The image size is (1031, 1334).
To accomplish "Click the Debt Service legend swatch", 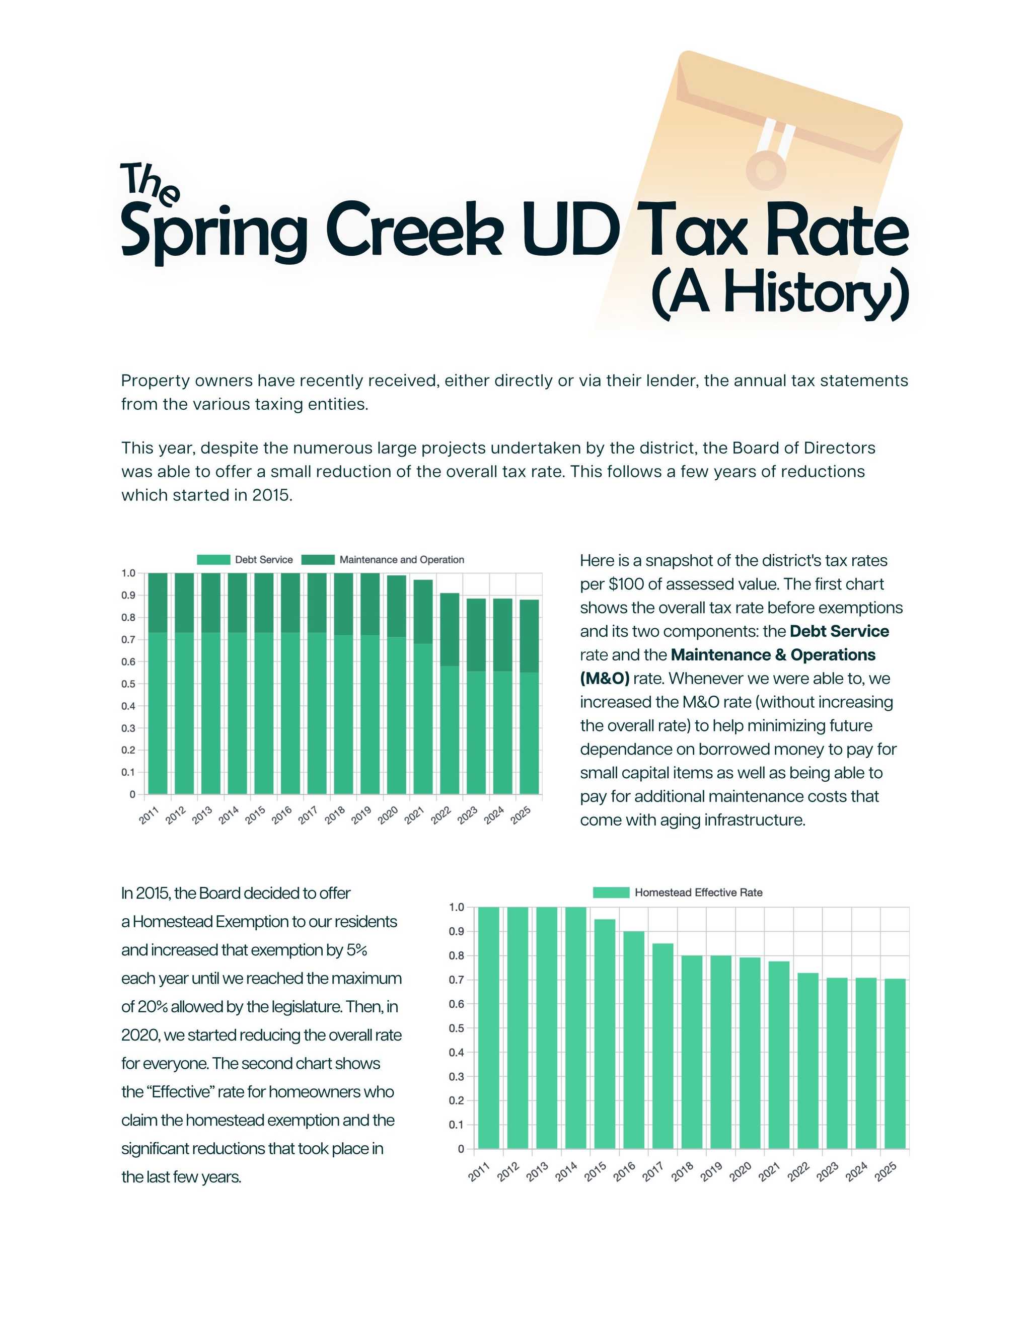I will click(x=213, y=559).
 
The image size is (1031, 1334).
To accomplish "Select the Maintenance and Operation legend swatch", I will click(x=318, y=559).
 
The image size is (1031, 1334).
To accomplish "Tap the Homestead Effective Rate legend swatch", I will click(x=611, y=893).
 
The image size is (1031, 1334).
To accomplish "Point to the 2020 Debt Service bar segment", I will click(x=396, y=715).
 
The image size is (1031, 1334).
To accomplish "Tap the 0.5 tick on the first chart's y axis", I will click(x=128, y=684).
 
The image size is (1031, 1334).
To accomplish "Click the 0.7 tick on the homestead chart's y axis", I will click(x=457, y=980).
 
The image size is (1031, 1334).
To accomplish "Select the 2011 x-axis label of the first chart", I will click(x=149, y=816).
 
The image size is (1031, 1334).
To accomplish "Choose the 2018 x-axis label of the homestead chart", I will click(x=682, y=1171).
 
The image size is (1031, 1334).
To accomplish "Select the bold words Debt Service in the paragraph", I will click(x=839, y=631).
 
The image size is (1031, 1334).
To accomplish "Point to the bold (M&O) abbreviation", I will click(x=604, y=679).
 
